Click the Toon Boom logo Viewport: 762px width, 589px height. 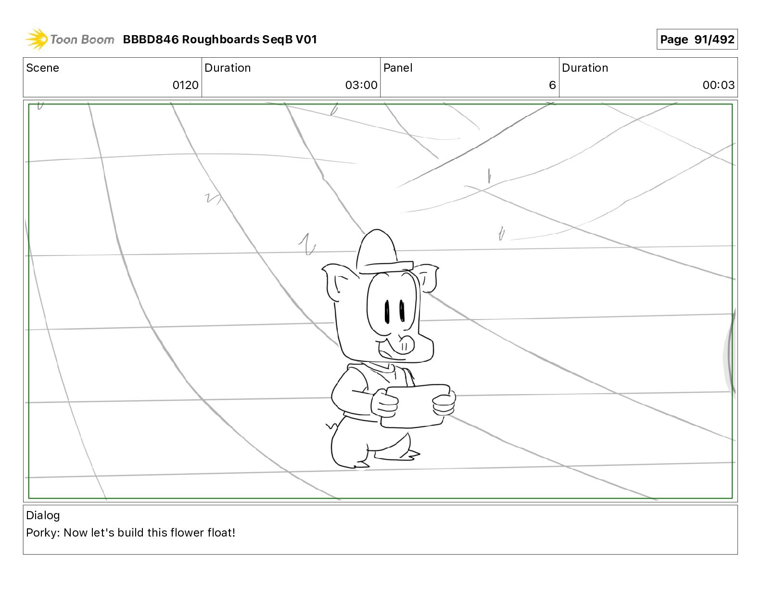point(69,39)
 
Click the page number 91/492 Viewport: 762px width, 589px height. point(697,39)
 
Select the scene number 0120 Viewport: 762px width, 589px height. point(185,85)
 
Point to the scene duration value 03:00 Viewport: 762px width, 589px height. point(361,85)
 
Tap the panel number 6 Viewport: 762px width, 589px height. point(552,85)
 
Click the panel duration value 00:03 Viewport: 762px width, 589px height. point(718,85)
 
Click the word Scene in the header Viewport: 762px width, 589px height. point(42,68)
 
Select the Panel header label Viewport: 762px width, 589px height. point(398,68)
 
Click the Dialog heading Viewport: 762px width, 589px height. point(43,515)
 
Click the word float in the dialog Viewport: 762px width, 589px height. point(220,533)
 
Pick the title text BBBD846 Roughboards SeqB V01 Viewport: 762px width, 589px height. point(220,39)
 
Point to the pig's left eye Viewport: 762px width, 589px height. point(387,311)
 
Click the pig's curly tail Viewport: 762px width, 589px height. point(331,426)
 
